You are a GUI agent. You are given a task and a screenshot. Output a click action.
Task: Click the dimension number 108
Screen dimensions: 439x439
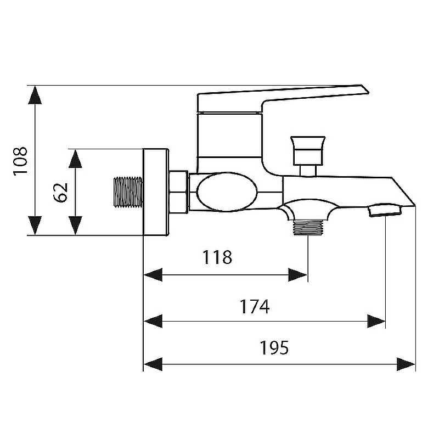pos(20,160)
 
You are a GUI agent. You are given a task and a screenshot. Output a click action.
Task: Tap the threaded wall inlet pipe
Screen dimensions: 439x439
pos(128,192)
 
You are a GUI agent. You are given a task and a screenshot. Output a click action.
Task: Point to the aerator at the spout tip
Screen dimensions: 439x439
pos(386,210)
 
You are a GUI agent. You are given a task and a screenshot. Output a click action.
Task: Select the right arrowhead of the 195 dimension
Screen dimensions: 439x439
pos(406,363)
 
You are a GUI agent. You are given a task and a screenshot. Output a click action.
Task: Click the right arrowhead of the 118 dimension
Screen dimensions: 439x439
pos(299,274)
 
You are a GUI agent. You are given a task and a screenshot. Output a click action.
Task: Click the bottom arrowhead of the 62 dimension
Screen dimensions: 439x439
pos(75,226)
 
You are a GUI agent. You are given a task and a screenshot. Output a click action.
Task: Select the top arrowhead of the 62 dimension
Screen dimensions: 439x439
pos(75,158)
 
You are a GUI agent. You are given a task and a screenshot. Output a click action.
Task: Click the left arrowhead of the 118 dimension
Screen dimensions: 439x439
pos(152,274)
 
